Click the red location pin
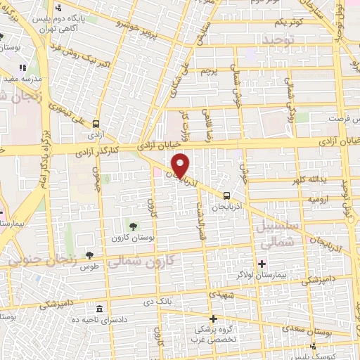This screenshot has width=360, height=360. coord(181,165)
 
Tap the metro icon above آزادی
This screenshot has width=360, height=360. coord(96,124)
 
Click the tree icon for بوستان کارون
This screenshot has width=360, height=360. coord(132,226)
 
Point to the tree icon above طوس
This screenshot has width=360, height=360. coord(89,255)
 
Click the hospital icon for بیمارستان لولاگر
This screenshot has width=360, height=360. coord(262,265)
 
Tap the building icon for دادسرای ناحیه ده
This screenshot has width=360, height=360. coord(98,309)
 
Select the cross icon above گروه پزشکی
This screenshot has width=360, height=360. coord(213,319)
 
